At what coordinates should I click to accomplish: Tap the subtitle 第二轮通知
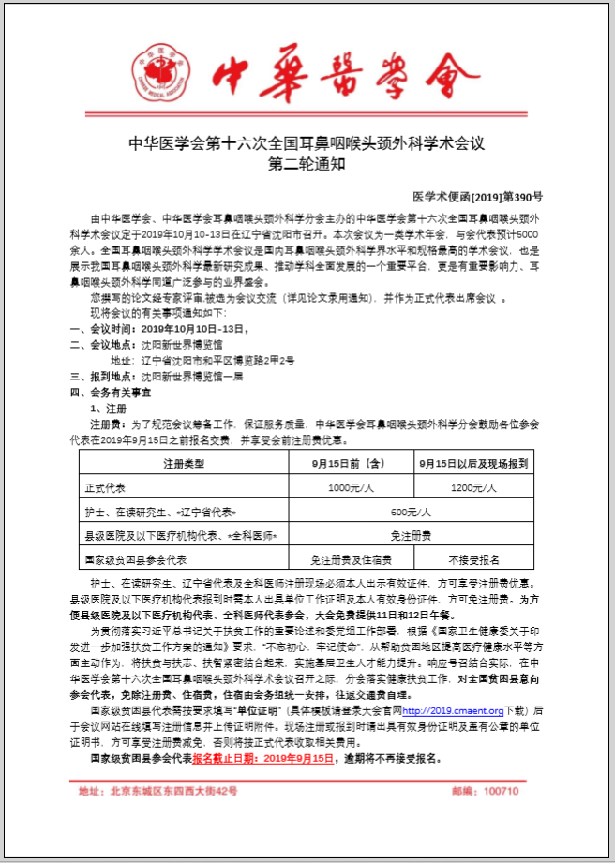click(307, 165)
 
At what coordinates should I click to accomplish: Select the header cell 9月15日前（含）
click(349, 463)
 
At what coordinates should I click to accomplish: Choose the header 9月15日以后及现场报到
click(473, 463)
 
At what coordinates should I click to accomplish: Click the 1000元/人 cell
click(349, 487)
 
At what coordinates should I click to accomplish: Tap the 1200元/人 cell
click(473, 487)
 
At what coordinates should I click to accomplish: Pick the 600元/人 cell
click(411, 512)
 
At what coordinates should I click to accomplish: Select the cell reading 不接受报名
click(473, 559)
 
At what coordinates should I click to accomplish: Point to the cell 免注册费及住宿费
click(349, 559)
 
